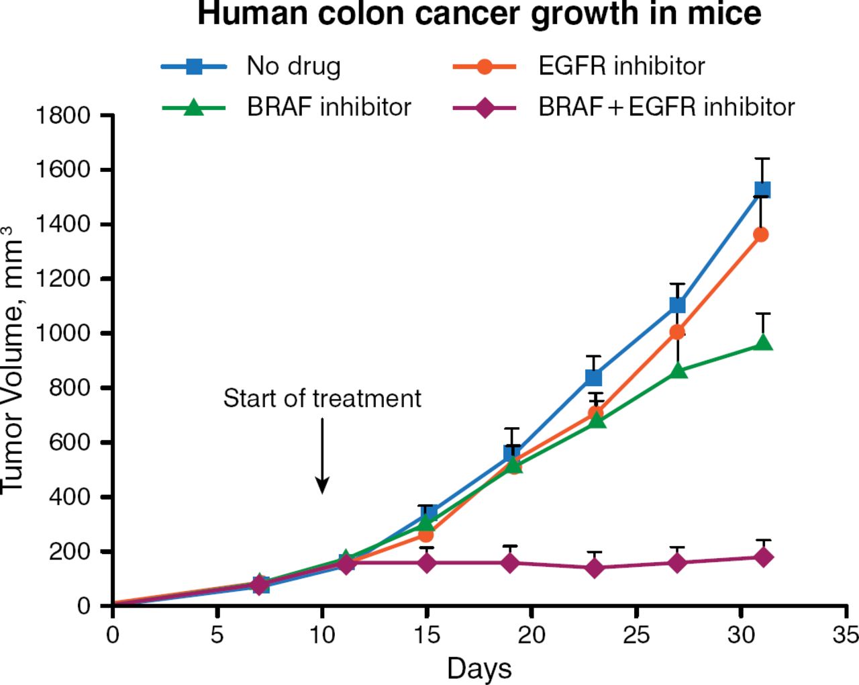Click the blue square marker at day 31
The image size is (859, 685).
coord(762,190)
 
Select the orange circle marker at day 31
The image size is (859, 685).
coord(761,234)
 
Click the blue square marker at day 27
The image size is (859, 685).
coord(678,306)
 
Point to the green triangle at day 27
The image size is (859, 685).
coord(678,371)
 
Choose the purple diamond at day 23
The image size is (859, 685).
coord(594,568)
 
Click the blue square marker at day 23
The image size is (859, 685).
coord(594,377)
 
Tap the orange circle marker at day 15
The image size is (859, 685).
coord(426,535)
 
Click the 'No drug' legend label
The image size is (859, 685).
coord(293,66)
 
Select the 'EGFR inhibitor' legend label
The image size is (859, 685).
coord(621,66)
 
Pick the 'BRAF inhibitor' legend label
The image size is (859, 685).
coord(329,107)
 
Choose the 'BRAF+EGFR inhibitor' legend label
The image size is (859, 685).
coord(666,107)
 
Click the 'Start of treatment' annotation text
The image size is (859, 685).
coord(322,398)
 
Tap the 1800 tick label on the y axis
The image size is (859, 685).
coord(62,116)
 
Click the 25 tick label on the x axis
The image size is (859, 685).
coord(636,635)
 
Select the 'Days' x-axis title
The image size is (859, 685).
coord(479,669)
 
